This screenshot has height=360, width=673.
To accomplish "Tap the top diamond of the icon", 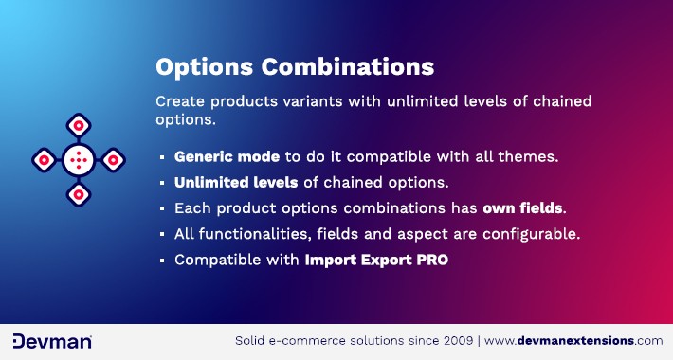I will click(x=78, y=125).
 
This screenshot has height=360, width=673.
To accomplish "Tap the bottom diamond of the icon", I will click(x=78, y=194).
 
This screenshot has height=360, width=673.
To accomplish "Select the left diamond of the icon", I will click(x=44, y=159).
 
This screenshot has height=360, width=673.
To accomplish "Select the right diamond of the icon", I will click(x=113, y=159).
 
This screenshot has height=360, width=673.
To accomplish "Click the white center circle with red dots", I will click(x=78, y=159).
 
